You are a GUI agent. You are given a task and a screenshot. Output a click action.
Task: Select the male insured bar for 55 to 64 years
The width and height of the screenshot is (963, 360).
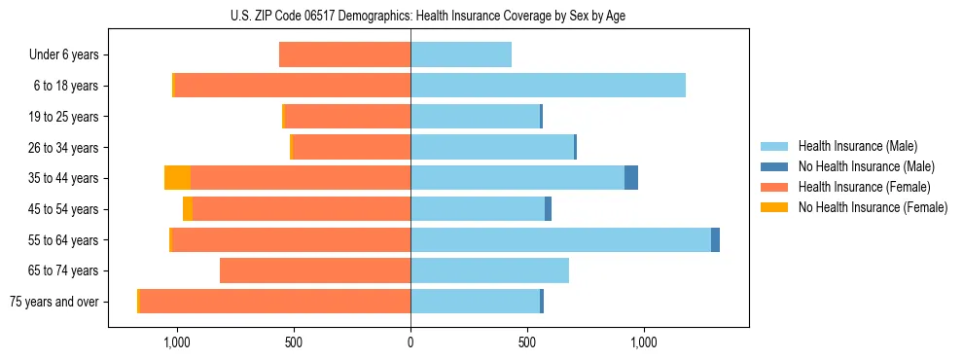coord(560,239)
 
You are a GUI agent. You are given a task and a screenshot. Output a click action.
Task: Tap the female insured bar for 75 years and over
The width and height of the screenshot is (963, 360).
coord(274,302)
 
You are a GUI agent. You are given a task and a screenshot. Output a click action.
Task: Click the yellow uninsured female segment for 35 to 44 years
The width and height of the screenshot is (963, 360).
coord(177,178)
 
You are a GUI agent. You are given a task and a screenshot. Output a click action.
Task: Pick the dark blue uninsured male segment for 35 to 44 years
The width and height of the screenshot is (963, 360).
coord(631,178)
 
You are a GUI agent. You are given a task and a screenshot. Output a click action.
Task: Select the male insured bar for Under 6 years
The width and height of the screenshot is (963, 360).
coord(461,54)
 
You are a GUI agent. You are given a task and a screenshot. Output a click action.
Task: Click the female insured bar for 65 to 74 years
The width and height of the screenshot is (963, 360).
coord(315,270)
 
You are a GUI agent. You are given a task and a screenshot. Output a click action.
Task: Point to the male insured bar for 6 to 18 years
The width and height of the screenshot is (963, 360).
coord(548,86)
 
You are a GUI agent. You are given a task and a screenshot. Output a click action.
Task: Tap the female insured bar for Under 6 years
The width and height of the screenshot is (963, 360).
coord(344,54)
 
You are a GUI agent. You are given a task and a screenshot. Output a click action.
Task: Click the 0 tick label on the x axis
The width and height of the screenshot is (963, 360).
coord(410,342)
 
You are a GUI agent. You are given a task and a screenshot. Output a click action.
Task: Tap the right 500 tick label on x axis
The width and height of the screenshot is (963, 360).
coord(527,342)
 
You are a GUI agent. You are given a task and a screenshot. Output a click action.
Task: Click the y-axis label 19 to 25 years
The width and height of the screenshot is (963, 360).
coord(64,117)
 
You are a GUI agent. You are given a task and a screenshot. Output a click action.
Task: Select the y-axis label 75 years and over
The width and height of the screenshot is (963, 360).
coord(54,302)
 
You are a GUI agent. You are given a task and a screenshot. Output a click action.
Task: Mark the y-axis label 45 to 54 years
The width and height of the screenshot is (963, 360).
coord(64,209)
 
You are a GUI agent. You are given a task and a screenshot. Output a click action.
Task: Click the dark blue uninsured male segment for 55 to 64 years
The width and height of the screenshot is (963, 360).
coord(715,239)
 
